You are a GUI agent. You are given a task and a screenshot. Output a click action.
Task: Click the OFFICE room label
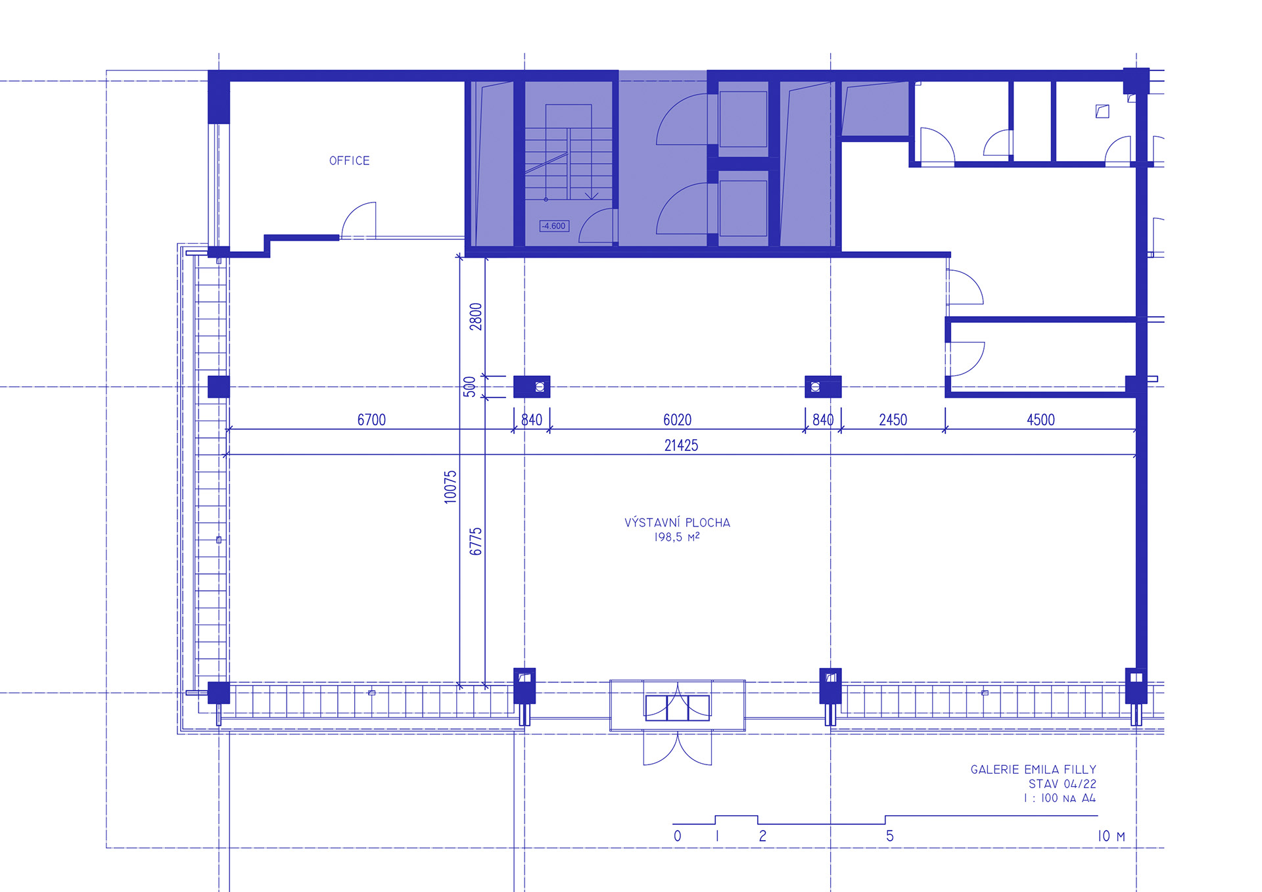point(349,160)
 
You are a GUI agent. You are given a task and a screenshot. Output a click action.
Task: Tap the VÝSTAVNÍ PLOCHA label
point(677,523)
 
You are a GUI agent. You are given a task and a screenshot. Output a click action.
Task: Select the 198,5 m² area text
point(676,537)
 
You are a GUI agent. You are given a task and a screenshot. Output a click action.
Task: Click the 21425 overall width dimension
point(681,445)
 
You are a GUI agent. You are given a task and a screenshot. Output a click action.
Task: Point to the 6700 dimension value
point(371,419)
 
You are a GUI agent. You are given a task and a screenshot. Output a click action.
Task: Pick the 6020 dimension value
point(677,419)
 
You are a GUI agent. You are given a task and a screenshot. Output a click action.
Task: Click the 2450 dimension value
point(893,419)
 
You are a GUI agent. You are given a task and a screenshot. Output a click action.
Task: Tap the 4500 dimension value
point(1040,419)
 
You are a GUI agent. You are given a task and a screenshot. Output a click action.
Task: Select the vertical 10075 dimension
point(450,487)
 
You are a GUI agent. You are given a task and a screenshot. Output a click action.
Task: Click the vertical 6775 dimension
point(476,541)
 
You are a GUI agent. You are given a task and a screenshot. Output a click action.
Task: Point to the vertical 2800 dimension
point(476,316)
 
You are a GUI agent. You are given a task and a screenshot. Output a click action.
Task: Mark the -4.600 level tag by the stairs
point(554,226)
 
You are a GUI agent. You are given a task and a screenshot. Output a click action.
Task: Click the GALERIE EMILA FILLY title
point(1033,769)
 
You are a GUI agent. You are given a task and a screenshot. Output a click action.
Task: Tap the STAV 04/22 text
point(1062,784)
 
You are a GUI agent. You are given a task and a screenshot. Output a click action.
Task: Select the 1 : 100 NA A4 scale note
point(1060,798)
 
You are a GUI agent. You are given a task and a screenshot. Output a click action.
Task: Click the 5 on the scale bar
point(890,836)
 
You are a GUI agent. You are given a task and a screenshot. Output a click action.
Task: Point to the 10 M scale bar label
point(1111,836)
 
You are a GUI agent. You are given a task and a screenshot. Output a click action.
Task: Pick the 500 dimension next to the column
point(469,387)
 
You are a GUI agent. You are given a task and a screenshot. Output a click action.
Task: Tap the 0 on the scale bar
point(678,836)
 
